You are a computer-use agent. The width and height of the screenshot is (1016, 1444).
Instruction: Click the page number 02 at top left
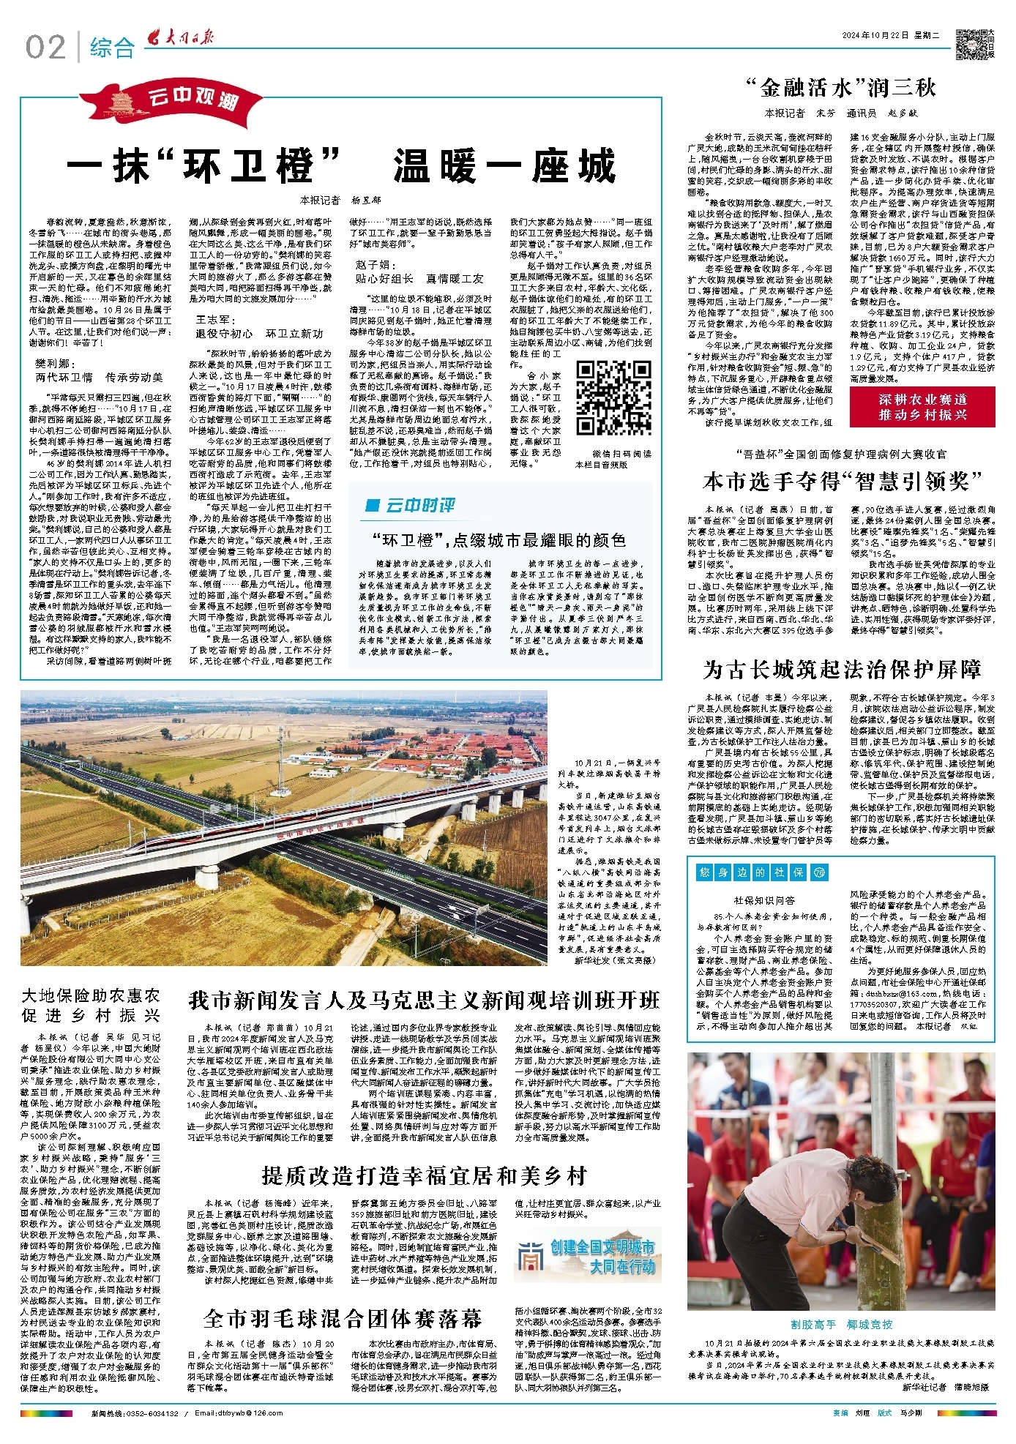tap(45, 48)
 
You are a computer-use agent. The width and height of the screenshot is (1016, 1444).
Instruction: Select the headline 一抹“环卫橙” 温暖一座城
tap(341, 165)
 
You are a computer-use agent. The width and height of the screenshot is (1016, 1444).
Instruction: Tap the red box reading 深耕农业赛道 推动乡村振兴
tap(922, 407)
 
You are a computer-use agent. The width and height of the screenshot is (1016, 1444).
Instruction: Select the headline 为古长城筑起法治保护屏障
tap(842, 670)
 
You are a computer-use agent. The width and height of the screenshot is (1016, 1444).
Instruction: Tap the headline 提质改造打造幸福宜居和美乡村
tap(425, 1176)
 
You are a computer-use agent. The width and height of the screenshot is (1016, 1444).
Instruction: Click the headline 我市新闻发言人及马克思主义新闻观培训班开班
tap(425, 1000)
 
